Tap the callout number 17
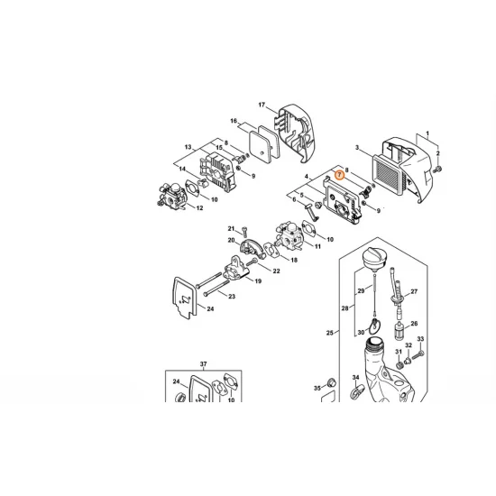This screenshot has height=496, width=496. [x=262, y=106]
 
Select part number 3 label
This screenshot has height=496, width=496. [x=357, y=148]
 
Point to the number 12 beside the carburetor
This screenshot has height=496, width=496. [x=199, y=208]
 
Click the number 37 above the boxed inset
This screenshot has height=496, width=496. [x=204, y=363]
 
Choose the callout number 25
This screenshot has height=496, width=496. [x=329, y=334]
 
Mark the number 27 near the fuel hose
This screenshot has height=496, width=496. [x=414, y=292]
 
